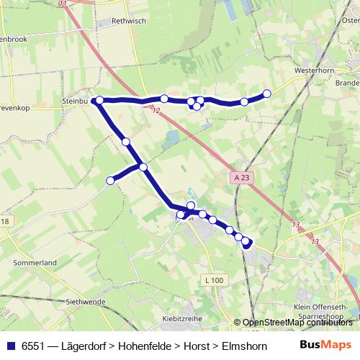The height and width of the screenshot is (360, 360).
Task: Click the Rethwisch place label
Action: [x=130, y=21]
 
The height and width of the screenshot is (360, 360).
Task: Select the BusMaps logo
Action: [x=325, y=345]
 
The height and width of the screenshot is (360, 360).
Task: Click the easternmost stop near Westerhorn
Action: [x=267, y=93]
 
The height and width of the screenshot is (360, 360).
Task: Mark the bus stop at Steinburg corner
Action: [x=100, y=100]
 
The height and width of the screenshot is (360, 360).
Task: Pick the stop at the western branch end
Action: [x=110, y=181]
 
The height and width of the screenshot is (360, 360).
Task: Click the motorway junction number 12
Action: [x=156, y=110]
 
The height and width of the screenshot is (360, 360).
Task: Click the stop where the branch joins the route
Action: [x=143, y=167]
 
